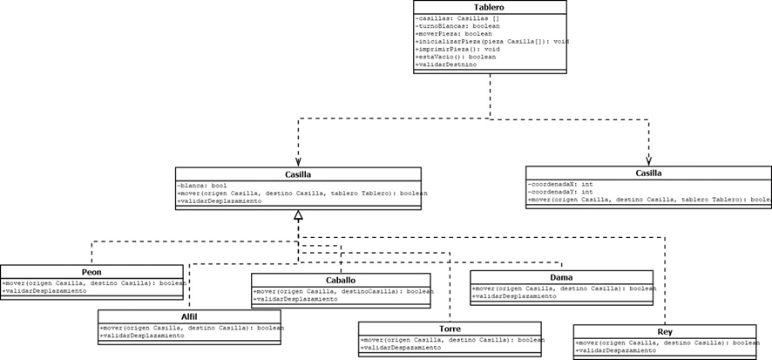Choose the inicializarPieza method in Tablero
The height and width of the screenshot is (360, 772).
(492, 42)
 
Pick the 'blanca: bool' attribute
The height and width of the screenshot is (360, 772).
(202, 186)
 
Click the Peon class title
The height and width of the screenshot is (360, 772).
(91, 271)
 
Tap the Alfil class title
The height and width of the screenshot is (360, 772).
(189, 316)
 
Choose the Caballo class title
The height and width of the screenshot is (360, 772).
(342, 280)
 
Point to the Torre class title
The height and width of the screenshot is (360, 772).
(450, 329)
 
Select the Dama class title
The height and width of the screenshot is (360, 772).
(561, 276)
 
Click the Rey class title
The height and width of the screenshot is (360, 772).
(665, 331)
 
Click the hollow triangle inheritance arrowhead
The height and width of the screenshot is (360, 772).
(298, 214)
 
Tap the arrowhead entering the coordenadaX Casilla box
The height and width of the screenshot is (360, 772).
(648, 161)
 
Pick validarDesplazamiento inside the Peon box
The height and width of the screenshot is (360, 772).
(44, 290)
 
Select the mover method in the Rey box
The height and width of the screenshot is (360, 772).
(667, 343)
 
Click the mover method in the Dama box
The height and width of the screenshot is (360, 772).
(564, 288)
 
